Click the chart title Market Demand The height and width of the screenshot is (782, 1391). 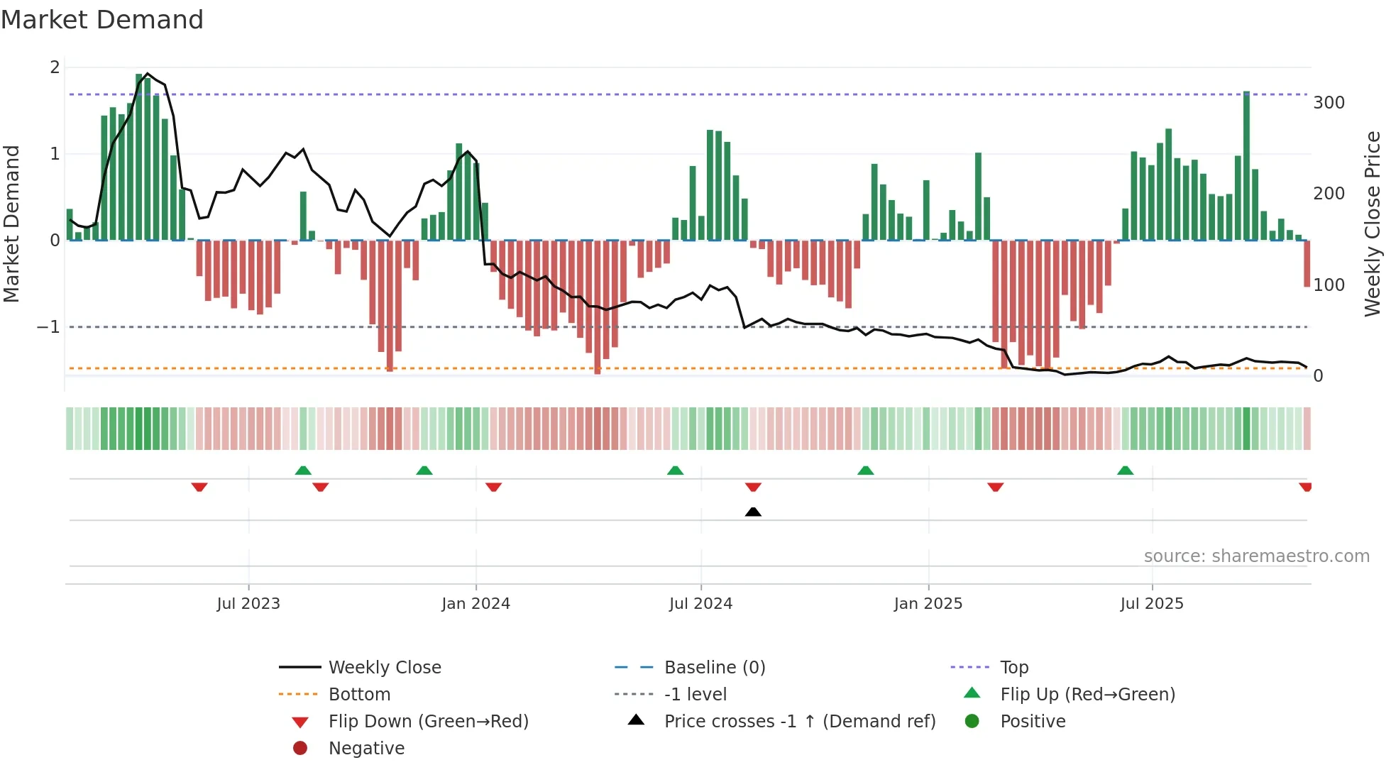point(102,20)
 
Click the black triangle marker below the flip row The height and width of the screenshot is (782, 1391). point(753,512)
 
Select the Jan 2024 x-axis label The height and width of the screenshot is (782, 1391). point(475,604)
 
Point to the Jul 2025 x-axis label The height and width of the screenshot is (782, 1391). point(1151,604)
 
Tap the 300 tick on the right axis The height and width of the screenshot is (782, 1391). point(1329,103)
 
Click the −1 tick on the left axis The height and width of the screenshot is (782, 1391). point(48,327)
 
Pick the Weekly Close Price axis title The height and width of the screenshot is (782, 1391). point(1373,224)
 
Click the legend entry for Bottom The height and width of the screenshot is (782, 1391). point(359,694)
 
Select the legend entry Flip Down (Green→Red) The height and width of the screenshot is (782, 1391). point(428,721)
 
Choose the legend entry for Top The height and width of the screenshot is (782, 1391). point(1014,667)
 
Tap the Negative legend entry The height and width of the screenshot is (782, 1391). point(366,748)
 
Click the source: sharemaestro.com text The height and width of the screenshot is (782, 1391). point(1256,556)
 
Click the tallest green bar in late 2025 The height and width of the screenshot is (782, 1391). point(1246,167)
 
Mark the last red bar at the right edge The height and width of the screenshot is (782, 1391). point(1307,264)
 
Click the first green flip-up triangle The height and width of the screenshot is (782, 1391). point(303,470)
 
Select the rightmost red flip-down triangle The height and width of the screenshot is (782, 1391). point(1305,487)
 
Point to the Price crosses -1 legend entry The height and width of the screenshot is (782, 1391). point(800,721)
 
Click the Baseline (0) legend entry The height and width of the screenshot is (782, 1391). point(714,667)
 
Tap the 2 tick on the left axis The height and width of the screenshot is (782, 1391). point(55,67)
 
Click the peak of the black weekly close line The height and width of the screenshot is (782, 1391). point(147,74)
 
